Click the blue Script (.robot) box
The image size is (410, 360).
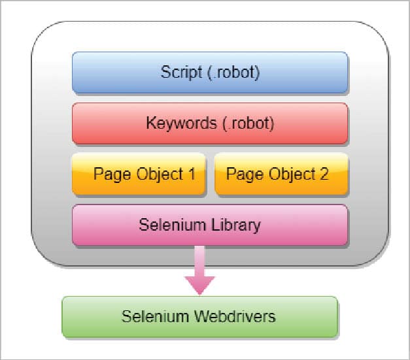(209, 72)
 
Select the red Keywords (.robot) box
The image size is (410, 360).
(209, 123)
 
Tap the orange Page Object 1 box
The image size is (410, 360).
(139, 174)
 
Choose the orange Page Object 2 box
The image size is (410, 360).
(281, 174)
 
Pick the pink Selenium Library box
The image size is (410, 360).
(209, 225)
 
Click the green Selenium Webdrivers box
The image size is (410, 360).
(199, 317)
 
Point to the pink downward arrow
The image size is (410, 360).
(199, 271)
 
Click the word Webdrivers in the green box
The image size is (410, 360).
(236, 317)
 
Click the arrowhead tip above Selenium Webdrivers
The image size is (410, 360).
(199, 292)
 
